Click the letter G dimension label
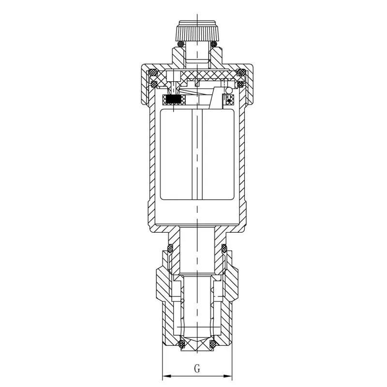coord(197,369)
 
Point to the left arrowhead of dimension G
coord(166,376)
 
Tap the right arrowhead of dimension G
coord(228,376)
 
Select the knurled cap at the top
coord(197,31)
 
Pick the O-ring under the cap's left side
coord(181,44)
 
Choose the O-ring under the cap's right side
coord(213,44)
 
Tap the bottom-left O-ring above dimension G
coord(182,343)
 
